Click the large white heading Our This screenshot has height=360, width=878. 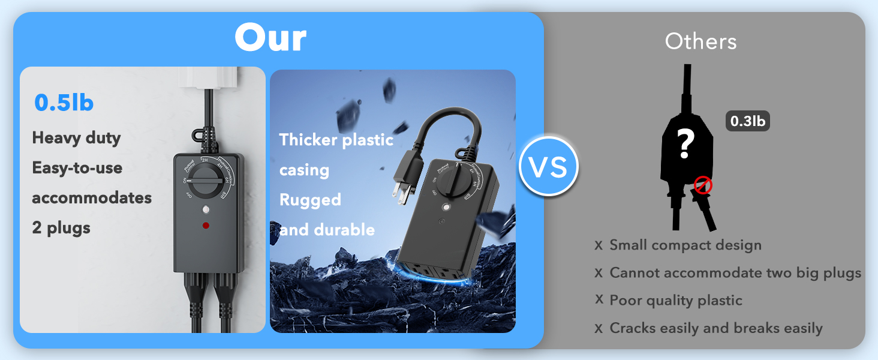[x=270, y=38]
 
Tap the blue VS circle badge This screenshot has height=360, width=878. [x=549, y=166]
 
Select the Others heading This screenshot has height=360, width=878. [x=700, y=41]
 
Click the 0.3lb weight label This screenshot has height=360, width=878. [x=747, y=121]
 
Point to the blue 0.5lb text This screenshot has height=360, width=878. [x=64, y=103]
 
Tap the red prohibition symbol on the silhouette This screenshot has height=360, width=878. [x=702, y=185]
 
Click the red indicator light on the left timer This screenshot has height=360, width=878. [x=206, y=226]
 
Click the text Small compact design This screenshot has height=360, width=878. [x=685, y=245]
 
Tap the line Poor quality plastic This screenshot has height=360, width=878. [x=676, y=300]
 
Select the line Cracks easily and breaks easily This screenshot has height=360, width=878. [x=715, y=328]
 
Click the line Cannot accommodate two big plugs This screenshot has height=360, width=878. [x=735, y=272]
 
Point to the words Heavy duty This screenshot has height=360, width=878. [x=76, y=138]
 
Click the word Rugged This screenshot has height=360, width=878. [x=310, y=199]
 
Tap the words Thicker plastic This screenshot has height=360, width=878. [x=336, y=140]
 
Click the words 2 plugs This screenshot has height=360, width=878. [x=61, y=228]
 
